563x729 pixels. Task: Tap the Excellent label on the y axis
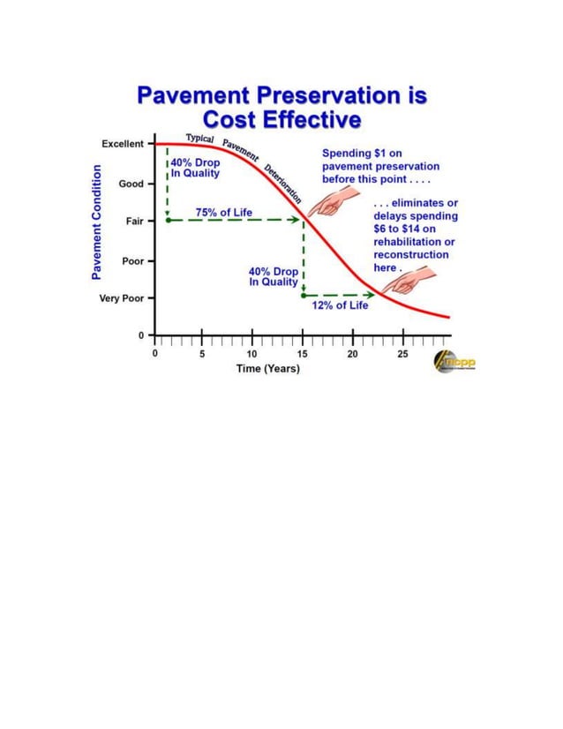[x=123, y=144]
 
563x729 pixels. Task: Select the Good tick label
[x=131, y=184]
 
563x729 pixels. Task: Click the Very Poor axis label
[x=121, y=298]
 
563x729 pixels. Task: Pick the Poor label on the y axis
[x=131, y=261]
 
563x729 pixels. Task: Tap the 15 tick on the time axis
[x=303, y=353]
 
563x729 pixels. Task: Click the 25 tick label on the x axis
[x=402, y=353]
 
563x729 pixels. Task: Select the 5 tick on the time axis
[x=202, y=353]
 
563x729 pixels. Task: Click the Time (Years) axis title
[x=267, y=368]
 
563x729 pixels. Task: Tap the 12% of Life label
[x=340, y=306]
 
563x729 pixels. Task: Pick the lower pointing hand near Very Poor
[x=406, y=282]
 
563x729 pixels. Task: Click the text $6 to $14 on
[x=405, y=229]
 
